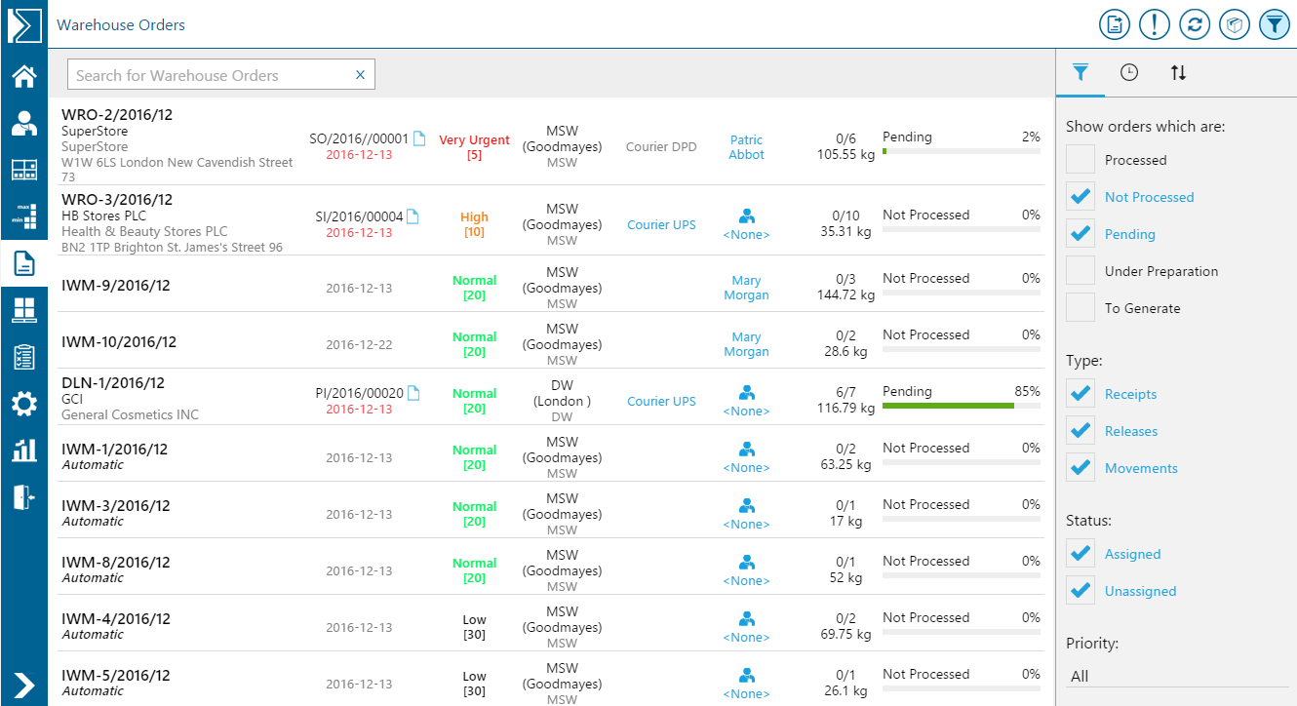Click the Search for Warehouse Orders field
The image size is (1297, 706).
[210, 75]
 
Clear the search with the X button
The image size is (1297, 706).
[360, 75]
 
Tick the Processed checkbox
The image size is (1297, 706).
[1081, 160]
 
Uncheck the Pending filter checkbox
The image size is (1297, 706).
[1081, 234]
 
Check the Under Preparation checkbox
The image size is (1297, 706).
[1081, 271]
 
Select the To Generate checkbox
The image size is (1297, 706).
[1081, 308]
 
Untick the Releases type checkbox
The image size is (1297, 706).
[1081, 431]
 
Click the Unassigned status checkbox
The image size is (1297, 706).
[1081, 591]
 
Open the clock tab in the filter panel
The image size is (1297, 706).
[1129, 72]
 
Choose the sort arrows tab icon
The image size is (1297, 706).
[1178, 72]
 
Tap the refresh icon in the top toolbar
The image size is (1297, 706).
[1195, 24]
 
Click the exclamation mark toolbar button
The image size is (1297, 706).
[1155, 24]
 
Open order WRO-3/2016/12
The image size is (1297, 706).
[117, 200]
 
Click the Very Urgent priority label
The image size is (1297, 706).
[474, 140]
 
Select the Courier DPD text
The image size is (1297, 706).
[661, 147]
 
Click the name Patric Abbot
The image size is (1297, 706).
[746, 147]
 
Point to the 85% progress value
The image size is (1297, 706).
[1027, 391]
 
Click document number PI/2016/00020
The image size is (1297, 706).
[359, 394]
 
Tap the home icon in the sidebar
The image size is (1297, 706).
[23, 76]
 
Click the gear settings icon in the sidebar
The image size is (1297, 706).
[23, 404]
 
